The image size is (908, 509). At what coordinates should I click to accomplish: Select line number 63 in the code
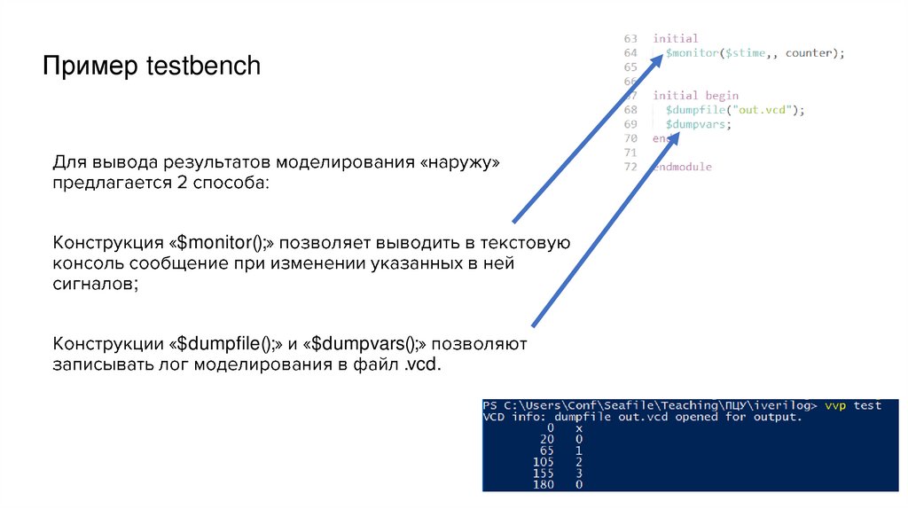(x=630, y=39)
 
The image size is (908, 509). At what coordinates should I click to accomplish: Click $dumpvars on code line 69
(x=698, y=124)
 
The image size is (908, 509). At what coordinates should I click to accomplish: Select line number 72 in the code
(x=630, y=167)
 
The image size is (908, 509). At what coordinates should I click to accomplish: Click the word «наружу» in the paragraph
(x=459, y=164)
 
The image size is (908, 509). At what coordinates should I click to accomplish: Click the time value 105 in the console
(x=543, y=462)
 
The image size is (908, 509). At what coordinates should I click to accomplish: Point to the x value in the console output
(x=578, y=427)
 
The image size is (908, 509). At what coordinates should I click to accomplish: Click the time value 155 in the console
(x=543, y=474)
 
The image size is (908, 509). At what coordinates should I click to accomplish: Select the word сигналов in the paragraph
(x=95, y=285)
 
